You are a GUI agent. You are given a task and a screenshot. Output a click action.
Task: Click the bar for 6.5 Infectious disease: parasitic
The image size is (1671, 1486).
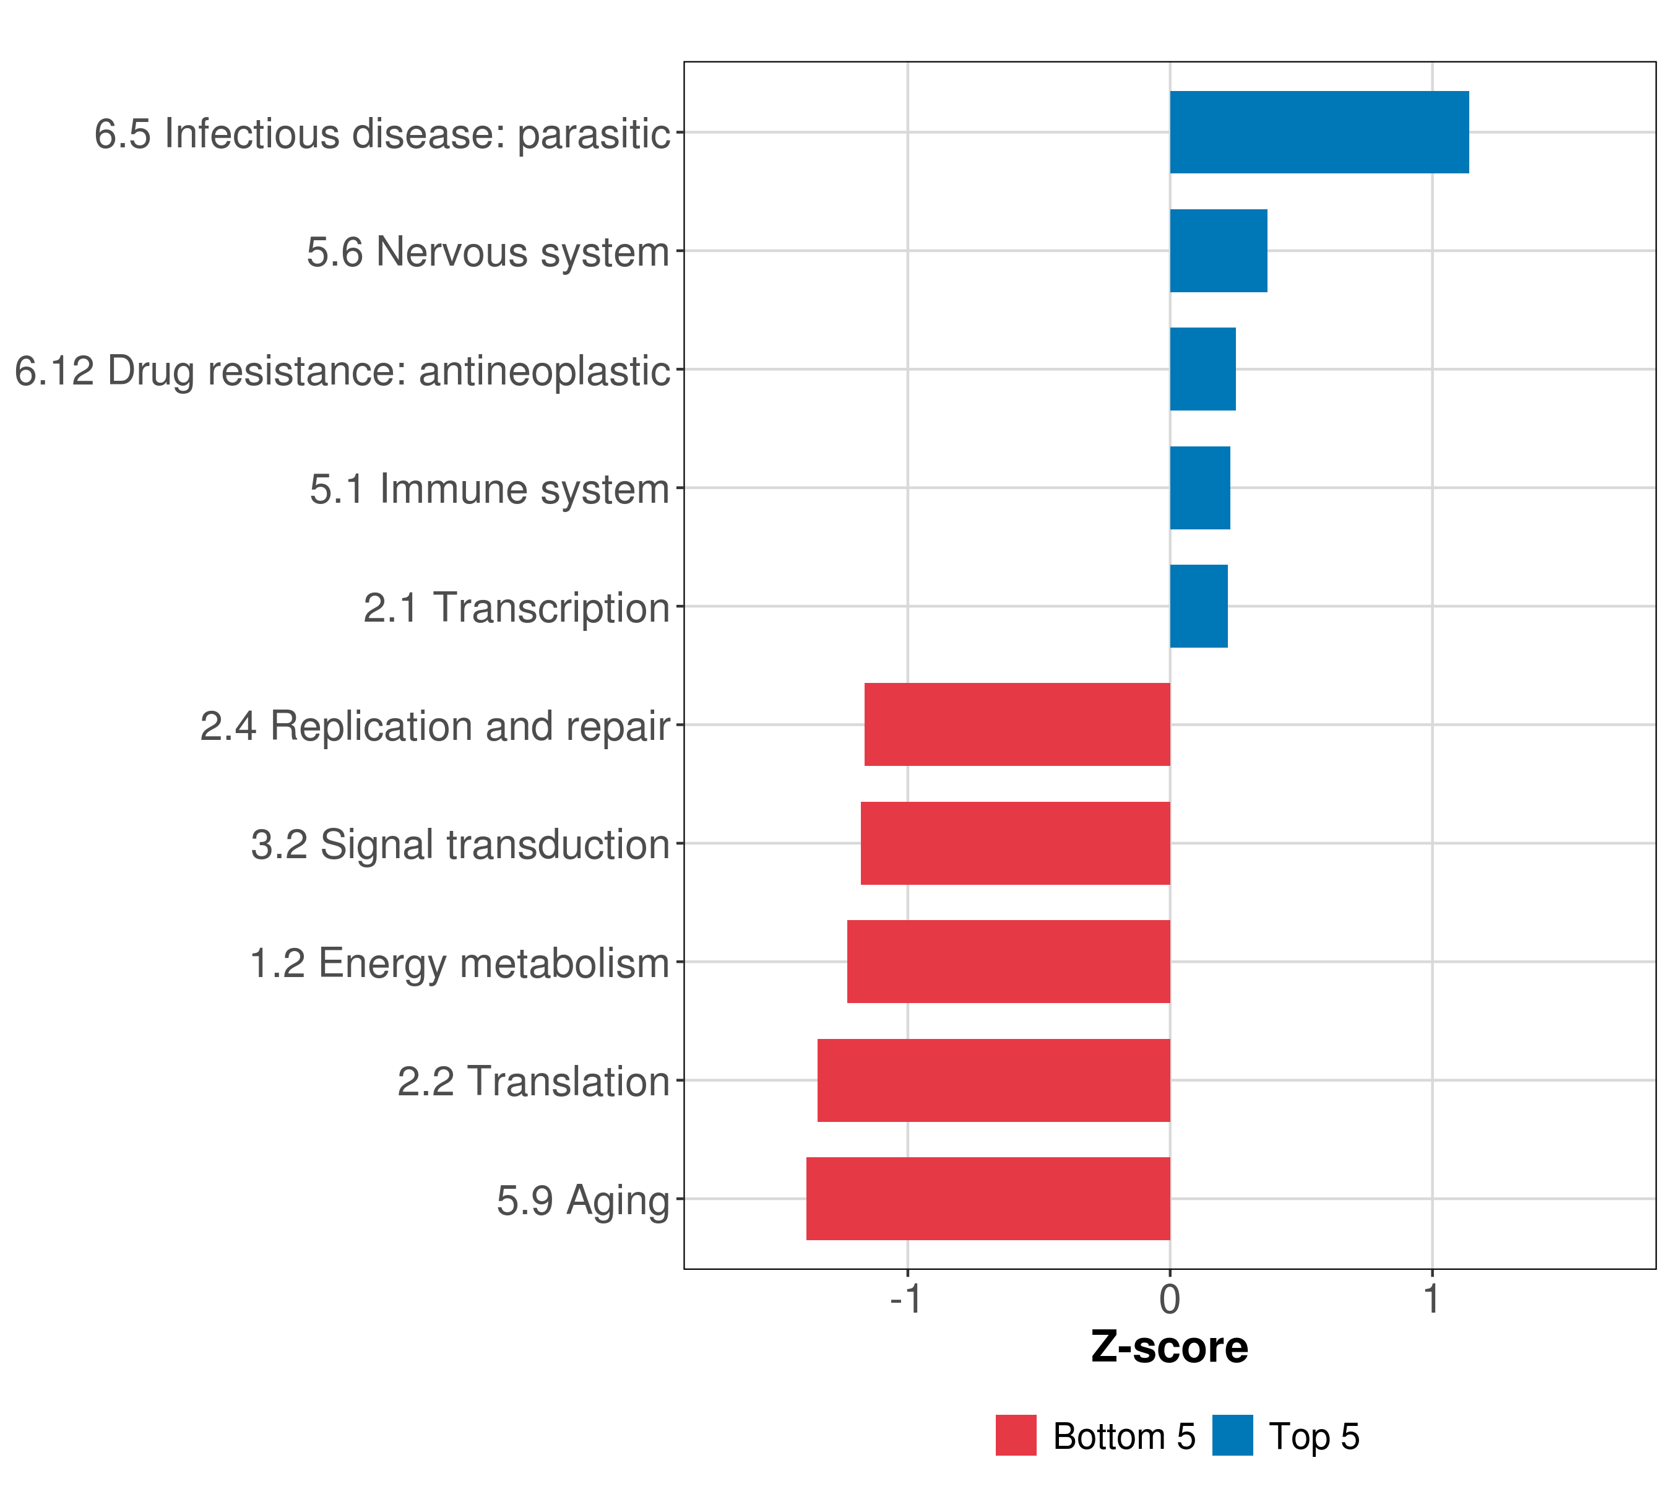tap(1319, 133)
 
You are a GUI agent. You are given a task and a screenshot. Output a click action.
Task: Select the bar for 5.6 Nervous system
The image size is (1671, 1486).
tap(1218, 251)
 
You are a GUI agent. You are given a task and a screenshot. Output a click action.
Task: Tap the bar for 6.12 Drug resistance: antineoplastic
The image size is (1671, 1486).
tap(1203, 370)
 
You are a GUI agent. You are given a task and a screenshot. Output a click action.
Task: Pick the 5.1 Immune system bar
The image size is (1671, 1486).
tap(1199, 489)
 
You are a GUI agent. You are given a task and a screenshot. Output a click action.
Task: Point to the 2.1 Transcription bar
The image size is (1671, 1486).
tap(1198, 606)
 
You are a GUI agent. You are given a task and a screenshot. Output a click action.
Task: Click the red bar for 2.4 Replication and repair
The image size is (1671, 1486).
tap(1017, 724)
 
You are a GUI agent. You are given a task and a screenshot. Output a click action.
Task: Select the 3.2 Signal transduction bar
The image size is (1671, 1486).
tap(1016, 843)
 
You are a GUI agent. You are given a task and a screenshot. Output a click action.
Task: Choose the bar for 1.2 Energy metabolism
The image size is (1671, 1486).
tap(1008, 962)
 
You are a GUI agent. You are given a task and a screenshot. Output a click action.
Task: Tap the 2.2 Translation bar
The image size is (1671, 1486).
tap(993, 1080)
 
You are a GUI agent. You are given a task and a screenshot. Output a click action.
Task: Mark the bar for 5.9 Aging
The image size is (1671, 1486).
tap(988, 1199)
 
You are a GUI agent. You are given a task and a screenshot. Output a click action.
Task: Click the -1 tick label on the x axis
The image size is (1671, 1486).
tap(906, 1300)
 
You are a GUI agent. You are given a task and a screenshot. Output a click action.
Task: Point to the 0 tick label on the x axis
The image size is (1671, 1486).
tap(1170, 1300)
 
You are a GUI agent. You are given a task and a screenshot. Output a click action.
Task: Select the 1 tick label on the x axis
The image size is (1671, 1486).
tap(1431, 1300)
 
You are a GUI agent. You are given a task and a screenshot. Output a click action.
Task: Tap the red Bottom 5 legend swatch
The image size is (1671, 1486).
tap(1016, 1435)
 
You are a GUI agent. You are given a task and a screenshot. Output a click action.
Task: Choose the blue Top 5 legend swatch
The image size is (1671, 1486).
tap(1232, 1435)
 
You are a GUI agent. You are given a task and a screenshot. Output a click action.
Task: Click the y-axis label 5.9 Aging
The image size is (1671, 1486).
tap(583, 1201)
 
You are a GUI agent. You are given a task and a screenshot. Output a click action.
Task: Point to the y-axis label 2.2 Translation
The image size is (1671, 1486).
tap(533, 1081)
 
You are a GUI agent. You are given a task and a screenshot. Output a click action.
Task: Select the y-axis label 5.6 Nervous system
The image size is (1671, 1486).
tap(488, 252)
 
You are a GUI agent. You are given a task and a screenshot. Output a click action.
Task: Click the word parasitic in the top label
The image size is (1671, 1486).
tap(594, 134)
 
